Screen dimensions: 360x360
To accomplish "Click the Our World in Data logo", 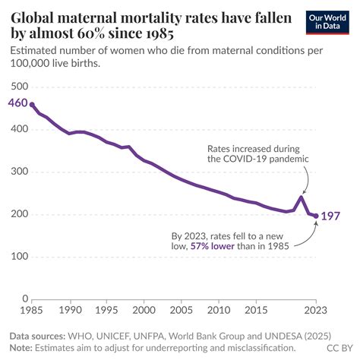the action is pyautogui.click(x=327, y=22).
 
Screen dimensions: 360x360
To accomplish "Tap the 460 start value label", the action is pyautogui.click(x=17, y=103).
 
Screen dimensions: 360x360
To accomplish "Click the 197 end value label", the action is pyautogui.click(x=330, y=216).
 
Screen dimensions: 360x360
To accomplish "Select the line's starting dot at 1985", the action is pyautogui.click(x=32, y=105).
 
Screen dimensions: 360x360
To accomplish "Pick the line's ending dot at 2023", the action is pyautogui.click(x=316, y=216).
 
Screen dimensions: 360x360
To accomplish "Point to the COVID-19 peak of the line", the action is pyautogui.click(x=301, y=197).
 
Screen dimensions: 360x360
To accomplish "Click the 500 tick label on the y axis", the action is pyautogui.click(x=20, y=87).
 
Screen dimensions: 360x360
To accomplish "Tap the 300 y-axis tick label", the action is pyautogui.click(x=20, y=172).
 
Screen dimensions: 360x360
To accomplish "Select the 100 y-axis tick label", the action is pyautogui.click(x=20, y=256).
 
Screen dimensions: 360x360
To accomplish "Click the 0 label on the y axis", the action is pyautogui.click(x=25, y=298).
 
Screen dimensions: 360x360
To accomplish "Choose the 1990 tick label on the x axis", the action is pyautogui.click(x=70, y=310).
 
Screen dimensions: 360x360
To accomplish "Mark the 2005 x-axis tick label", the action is pyautogui.click(x=182, y=310).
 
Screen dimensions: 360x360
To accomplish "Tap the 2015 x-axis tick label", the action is pyautogui.click(x=256, y=310).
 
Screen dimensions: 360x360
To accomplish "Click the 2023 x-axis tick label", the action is pyautogui.click(x=315, y=310).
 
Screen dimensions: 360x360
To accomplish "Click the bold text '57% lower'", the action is pyautogui.click(x=213, y=246).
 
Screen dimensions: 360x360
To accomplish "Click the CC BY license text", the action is pyautogui.click(x=339, y=348).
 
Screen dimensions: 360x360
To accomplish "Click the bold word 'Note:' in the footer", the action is pyautogui.click(x=21, y=348).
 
